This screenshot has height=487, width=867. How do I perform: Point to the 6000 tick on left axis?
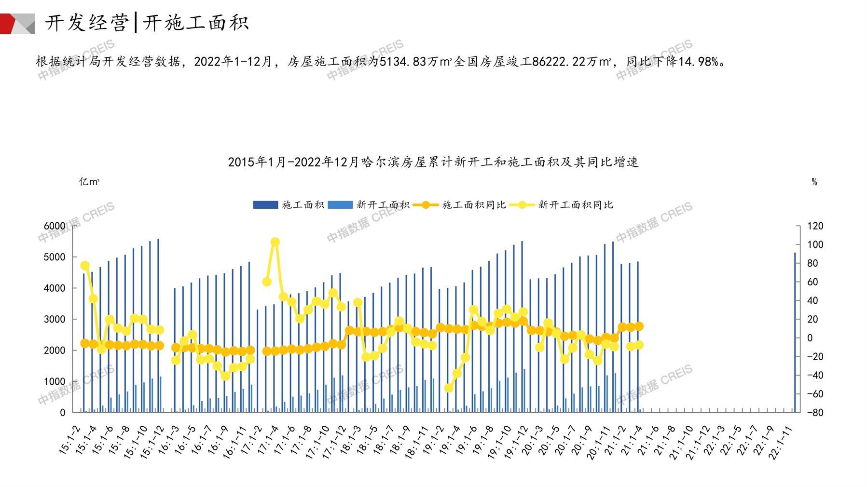click(54, 226)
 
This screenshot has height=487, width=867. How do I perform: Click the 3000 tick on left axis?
click(54, 319)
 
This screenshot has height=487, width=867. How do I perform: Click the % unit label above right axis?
click(814, 182)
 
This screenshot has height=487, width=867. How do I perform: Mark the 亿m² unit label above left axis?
click(89, 182)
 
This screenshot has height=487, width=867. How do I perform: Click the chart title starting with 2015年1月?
click(433, 162)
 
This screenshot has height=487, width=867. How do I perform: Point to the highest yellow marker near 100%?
click(275, 242)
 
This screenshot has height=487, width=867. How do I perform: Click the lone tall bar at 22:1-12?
click(795, 333)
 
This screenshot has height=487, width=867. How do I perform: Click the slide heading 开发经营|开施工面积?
click(147, 23)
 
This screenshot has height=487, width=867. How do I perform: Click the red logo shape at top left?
click(8, 24)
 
